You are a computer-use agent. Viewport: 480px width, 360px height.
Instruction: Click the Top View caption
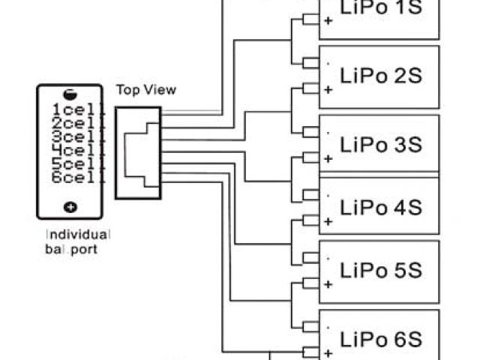click(x=146, y=90)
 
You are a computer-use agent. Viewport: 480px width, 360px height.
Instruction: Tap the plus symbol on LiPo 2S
click(x=328, y=90)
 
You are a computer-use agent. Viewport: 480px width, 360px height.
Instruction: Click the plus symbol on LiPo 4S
click(x=328, y=222)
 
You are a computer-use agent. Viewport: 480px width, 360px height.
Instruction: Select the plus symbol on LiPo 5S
click(x=328, y=285)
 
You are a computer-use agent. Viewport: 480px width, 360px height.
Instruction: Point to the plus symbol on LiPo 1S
click(x=328, y=22)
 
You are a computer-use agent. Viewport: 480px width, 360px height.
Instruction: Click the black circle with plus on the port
click(x=70, y=206)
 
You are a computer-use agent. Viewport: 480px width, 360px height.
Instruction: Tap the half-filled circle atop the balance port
click(x=69, y=95)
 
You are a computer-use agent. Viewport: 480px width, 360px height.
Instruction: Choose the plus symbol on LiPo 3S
click(x=328, y=158)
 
